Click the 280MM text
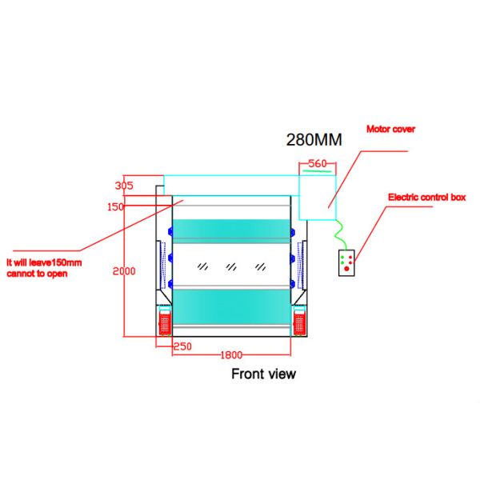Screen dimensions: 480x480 (314, 139)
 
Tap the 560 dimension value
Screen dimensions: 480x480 (317, 164)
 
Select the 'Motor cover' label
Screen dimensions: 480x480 (390, 128)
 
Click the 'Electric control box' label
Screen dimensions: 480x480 (426, 197)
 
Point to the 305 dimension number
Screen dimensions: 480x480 (124, 186)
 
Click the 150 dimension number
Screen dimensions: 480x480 (117, 207)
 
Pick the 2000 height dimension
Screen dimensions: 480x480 (124, 270)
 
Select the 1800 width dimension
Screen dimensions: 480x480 (232, 354)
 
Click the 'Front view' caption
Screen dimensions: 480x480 (263, 373)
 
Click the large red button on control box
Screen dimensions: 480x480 (346, 269)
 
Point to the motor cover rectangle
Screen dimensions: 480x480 (318, 195)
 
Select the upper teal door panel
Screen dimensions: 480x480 (231, 229)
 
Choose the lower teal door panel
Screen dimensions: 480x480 (231, 305)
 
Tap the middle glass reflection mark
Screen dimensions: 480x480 (231, 265)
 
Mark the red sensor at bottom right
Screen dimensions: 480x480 (301, 322)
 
